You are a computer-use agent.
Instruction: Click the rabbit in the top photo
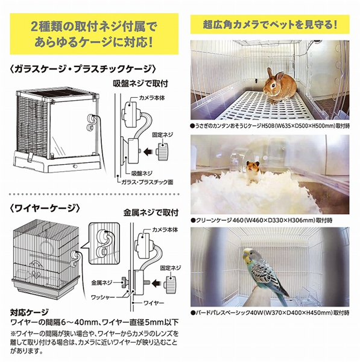tap(279, 86)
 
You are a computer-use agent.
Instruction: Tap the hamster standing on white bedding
tap(253, 171)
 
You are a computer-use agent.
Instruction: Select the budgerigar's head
tap(249, 255)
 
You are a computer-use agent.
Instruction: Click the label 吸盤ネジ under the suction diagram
tap(142, 173)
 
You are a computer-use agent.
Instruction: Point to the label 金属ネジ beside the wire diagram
tap(101, 282)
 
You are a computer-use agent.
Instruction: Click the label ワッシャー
tap(103, 297)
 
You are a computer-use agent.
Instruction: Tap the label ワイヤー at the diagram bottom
tap(154, 303)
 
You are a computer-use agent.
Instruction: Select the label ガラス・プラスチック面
tap(148, 182)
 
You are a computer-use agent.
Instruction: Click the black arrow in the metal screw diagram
tap(158, 282)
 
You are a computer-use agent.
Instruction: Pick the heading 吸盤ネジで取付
tap(141, 83)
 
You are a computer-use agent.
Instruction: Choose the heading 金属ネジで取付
tap(151, 212)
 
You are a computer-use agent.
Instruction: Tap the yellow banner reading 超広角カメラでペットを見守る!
tap(270, 25)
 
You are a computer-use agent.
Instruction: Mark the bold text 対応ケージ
tap(30, 313)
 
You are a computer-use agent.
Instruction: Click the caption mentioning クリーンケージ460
tap(262, 220)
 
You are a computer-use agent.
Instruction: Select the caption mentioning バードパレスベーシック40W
tap(270, 313)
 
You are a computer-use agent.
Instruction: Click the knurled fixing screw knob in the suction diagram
tap(163, 151)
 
